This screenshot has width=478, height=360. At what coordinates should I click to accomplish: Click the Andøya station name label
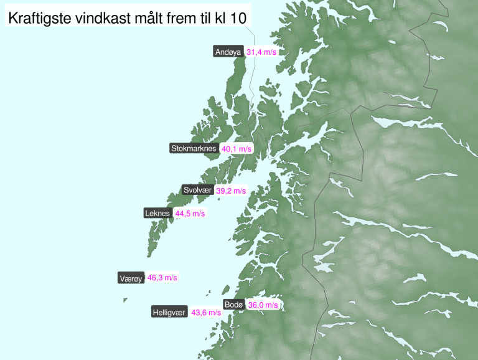[228, 52]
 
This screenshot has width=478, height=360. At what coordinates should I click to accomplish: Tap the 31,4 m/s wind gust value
[261, 52]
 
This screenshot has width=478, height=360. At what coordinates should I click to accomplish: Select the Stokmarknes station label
[194, 148]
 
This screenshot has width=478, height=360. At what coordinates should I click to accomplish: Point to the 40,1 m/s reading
[237, 149]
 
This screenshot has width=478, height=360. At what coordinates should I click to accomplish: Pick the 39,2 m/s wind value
[231, 191]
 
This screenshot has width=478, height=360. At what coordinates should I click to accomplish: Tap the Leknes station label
[157, 213]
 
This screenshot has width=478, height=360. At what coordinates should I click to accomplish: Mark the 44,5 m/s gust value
[190, 214]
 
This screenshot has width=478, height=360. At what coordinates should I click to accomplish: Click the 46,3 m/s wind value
[162, 278]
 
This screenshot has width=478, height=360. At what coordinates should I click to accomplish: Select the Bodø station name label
[233, 305]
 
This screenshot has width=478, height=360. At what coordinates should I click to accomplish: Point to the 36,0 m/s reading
[263, 305]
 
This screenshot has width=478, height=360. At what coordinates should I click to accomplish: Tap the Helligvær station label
[169, 312]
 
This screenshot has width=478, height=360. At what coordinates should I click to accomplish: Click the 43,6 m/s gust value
[206, 313]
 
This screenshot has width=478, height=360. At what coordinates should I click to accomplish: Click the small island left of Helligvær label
[125, 300]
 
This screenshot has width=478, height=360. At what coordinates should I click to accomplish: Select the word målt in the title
[148, 19]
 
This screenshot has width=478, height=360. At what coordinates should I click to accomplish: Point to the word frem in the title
[184, 19]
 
